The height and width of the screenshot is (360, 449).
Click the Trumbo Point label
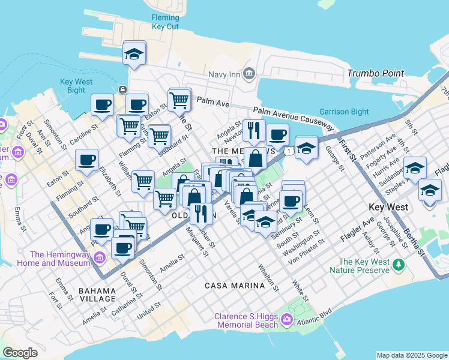(x=375, y=73)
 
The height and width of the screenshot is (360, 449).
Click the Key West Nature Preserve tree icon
(x=397, y=265)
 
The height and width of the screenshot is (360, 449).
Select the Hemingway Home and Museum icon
(x=100, y=257)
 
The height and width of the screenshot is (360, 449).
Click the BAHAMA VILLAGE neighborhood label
(x=97, y=294)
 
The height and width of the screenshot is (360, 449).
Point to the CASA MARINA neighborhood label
(x=235, y=286)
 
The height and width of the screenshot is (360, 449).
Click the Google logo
(x=20, y=352)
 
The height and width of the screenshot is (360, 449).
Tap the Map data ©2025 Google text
(x=412, y=355)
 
